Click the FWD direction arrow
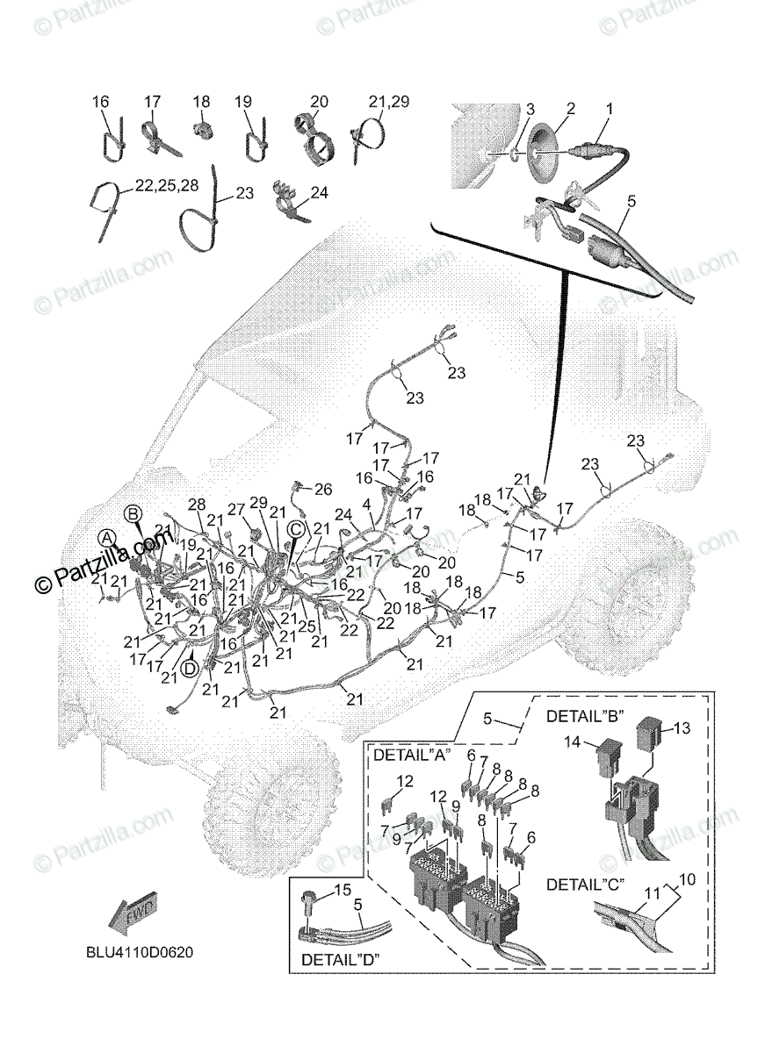click(131, 916)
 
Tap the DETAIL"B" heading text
click(585, 715)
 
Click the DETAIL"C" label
click(586, 885)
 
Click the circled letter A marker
click(106, 537)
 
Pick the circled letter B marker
click(133, 512)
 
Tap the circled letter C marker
click(296, 528)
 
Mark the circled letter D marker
click(190, 668)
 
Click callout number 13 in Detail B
click(682, 727)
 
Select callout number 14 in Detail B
click(573, 741)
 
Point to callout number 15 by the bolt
click(342, 891)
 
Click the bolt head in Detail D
click(310, 899)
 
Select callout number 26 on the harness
click(323, 488)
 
